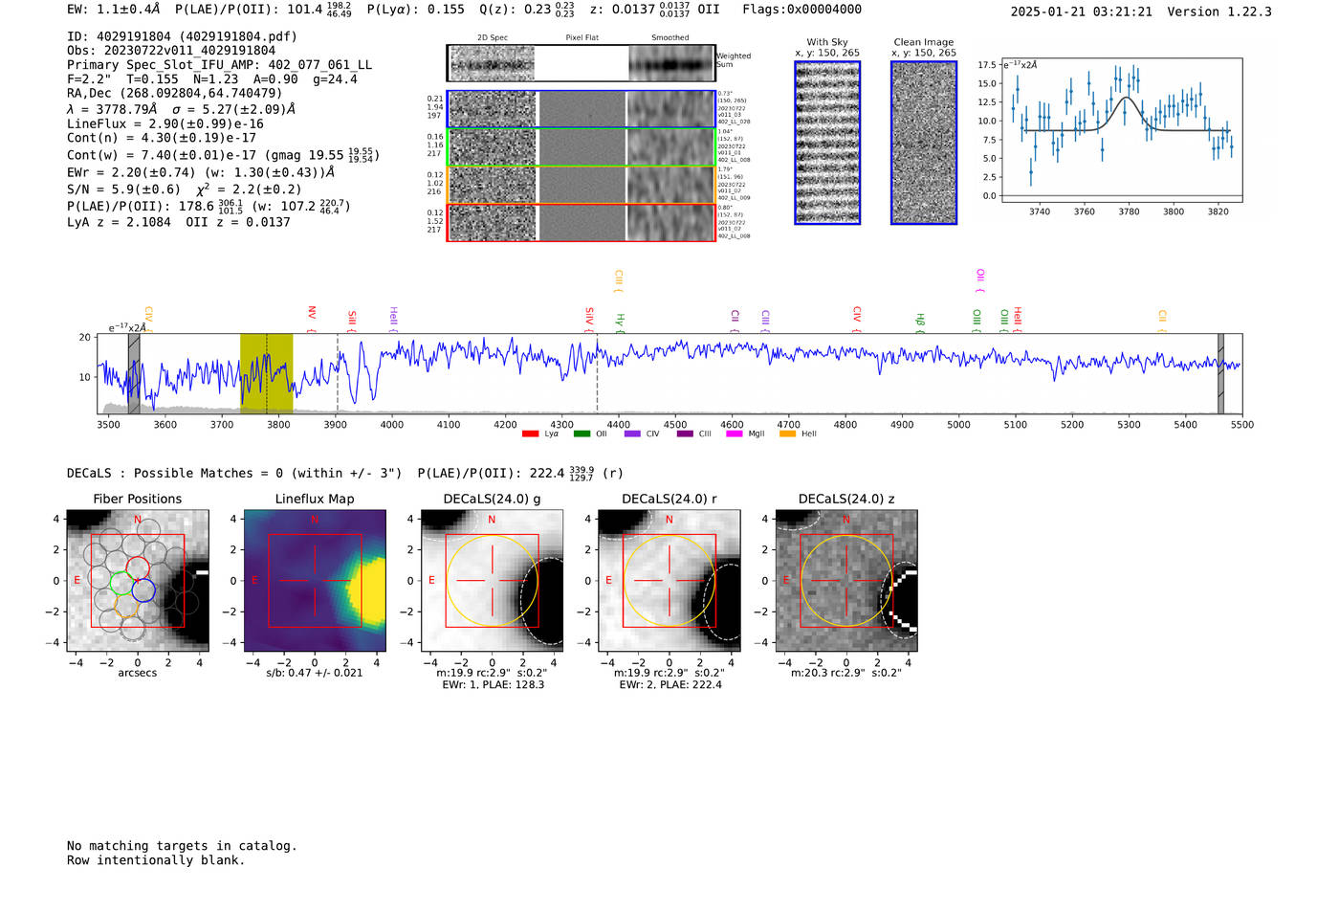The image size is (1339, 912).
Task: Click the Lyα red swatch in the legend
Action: coord(530,434)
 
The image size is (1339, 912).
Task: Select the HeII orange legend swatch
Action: coord(787,434)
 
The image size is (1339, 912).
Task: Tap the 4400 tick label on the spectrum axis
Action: coord(619,425)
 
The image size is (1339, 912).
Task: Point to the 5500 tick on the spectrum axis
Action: coord(1241,425)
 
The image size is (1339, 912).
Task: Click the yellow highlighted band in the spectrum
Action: coord(266,373)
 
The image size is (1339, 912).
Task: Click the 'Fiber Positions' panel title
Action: coord(137,499)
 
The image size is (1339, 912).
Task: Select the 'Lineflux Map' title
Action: coord(314,499)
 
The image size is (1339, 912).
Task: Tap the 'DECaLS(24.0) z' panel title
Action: coord(846,499)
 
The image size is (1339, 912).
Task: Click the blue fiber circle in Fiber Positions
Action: coord(143,590)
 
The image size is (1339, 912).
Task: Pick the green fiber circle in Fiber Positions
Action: coord(121,582)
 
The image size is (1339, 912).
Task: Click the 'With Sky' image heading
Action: coord(826,42)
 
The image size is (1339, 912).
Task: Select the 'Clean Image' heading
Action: coord(923,42)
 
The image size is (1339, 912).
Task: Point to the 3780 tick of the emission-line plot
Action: coord(1129,211)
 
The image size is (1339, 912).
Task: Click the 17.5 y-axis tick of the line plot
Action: coord(986,65)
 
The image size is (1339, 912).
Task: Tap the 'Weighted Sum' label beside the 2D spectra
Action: coord(733,60)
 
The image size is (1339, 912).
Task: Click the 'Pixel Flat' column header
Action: coord(582,38)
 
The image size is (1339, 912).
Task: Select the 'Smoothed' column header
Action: coord(669,38)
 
